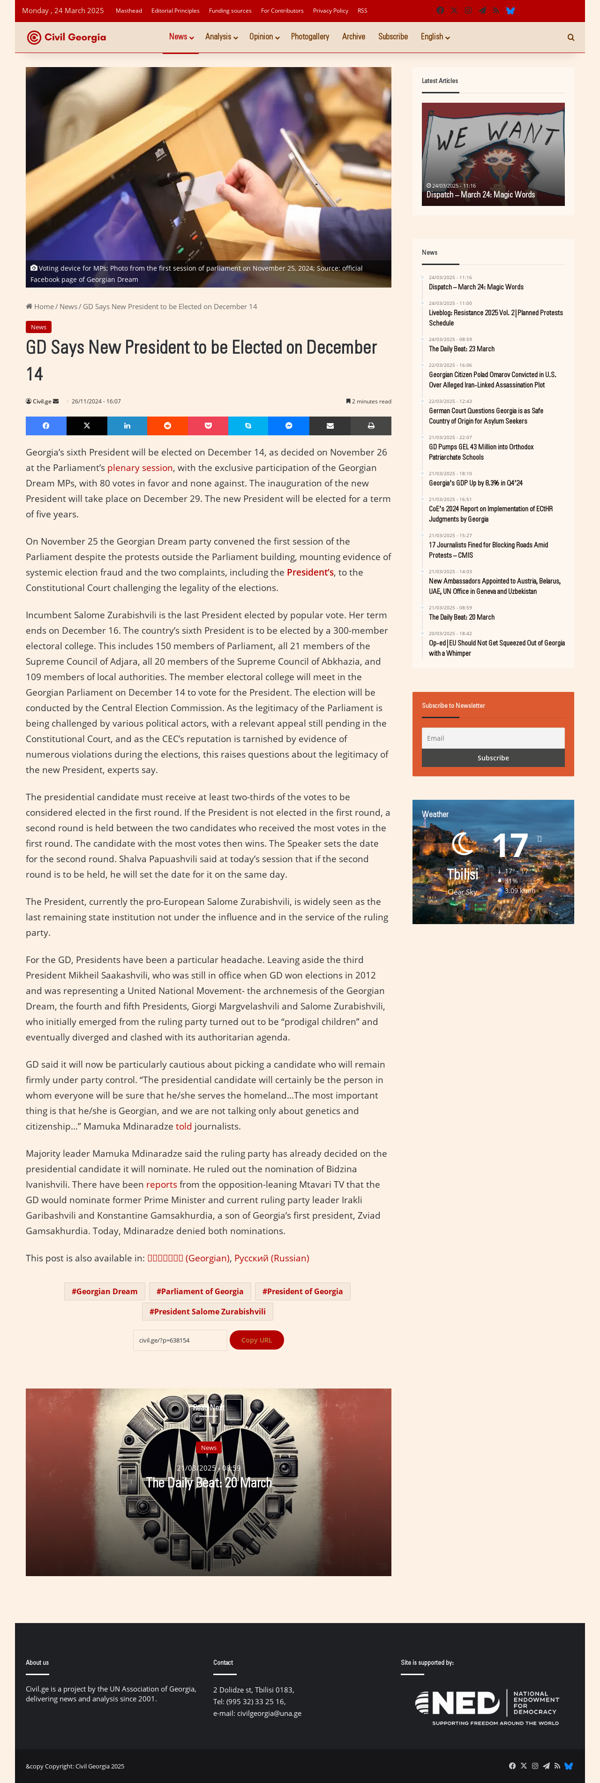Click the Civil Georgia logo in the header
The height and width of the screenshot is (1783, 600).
coord(67,38)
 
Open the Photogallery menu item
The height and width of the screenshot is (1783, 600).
coord(309,37)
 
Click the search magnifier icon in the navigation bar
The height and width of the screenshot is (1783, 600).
coord(571,38)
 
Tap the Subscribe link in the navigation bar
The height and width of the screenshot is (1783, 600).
coord(392,37)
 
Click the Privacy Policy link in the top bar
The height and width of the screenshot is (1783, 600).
coord(330,11)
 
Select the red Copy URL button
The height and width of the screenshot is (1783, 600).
coord(256,1340)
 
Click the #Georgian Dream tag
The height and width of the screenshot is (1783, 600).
coord(105,1291)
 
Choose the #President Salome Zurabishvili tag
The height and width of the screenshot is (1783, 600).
coord(208,1311)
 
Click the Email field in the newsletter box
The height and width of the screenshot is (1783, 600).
coord(493,738)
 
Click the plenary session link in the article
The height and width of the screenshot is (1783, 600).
coord(140,468)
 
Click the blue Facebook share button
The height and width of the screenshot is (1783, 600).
coord(45,425)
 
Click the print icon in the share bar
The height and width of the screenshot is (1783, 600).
coord(371,425)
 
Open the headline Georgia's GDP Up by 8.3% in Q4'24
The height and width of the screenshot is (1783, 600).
coord(475,483)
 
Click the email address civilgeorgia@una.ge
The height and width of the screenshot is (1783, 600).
coord(269,1713)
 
